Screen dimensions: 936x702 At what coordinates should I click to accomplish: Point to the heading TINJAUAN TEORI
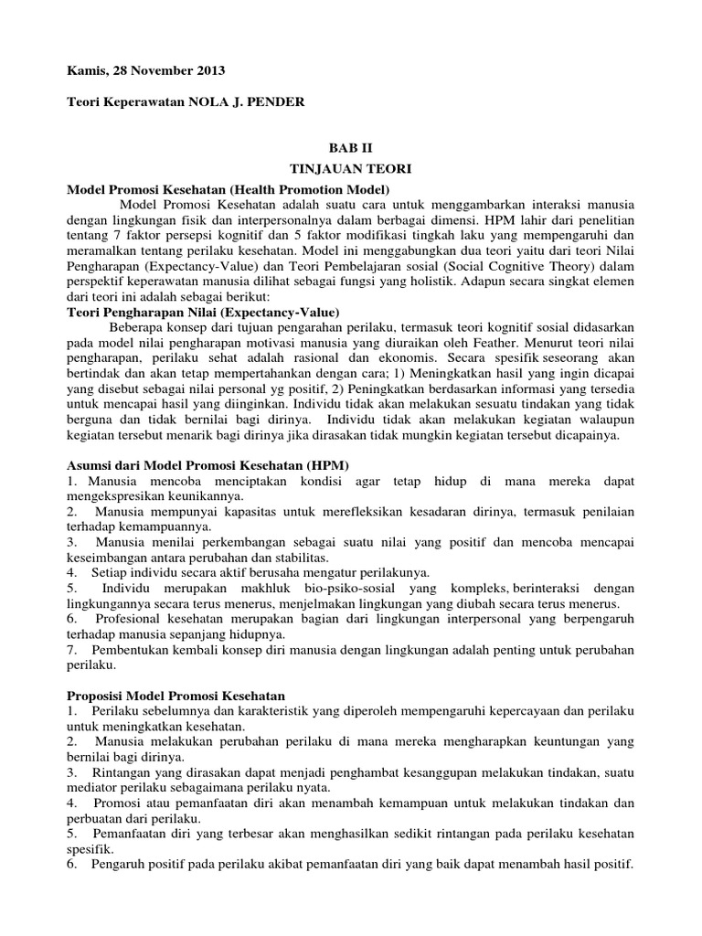[350, 169]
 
